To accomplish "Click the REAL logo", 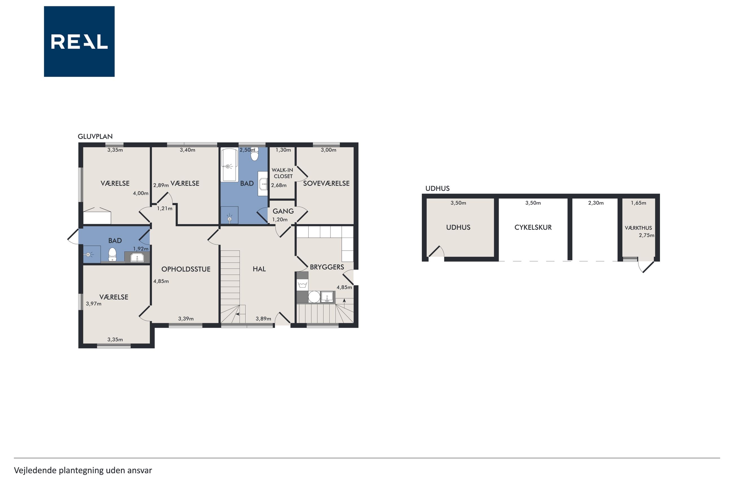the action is [x=79, y=41].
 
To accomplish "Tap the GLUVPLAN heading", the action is [x=95, y=136].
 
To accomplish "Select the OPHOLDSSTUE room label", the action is [x=186, y=269].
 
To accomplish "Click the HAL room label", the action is [x=259, y=269].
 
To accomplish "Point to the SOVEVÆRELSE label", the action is [x=326, y=183].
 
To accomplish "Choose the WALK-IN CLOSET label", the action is [x=282, y=173].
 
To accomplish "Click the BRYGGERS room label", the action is [x=327, y=267].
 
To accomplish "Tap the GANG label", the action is [x=283, y=211].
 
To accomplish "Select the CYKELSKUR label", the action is [x=533, y=227].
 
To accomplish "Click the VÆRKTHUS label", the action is [x=638, y=228].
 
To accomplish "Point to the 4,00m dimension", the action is [x=140, y=193].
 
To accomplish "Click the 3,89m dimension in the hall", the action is [x=263, y=318].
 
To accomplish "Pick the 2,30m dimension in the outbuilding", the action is [x=596, y=203].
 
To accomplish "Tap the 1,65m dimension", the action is [x=638, y=203].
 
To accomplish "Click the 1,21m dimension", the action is [x=164, y=209].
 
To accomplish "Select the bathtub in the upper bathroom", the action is [x=229, y=165].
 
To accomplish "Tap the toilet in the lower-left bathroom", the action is [x=112, y=255].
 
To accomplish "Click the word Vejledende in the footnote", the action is [x=35, y=470].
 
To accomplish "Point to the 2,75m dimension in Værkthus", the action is [x=646, y=235].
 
